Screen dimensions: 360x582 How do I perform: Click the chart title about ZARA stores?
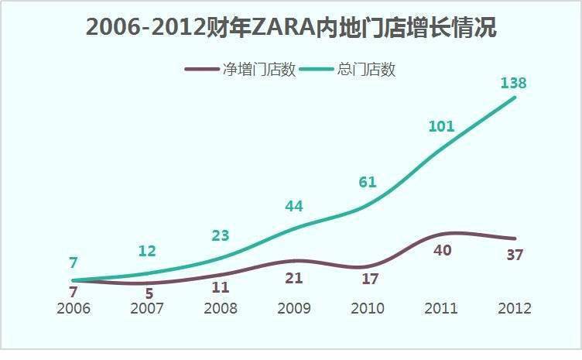[x=291, y=29]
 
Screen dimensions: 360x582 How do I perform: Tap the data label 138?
[x=513, y=82]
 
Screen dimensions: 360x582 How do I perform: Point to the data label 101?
[x=441, y=126]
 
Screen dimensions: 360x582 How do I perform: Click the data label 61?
[x=368, y=182]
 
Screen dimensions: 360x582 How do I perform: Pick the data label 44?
[x=294, y=206]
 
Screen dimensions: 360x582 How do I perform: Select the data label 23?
[x=221, y=236]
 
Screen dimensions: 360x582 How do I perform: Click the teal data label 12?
[x=147, y=251]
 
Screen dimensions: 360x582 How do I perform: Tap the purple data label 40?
[x=441, y=251]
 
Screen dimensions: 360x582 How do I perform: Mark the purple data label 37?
[x=515, y=255]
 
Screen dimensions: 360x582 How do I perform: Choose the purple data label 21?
[x=294, y=278]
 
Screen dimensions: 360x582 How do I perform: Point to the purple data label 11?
[x=221, y=286]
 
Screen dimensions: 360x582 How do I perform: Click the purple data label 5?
[x=149, y=293]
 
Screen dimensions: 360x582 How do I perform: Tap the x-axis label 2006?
[x=74, y=308]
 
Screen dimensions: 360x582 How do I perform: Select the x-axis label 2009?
[x=294, y=308]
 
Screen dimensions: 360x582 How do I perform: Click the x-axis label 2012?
[x=515, y=308]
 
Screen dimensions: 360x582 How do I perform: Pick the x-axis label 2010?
[x=368, y=308]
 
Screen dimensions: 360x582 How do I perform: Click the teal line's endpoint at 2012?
[x=515, y=98]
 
